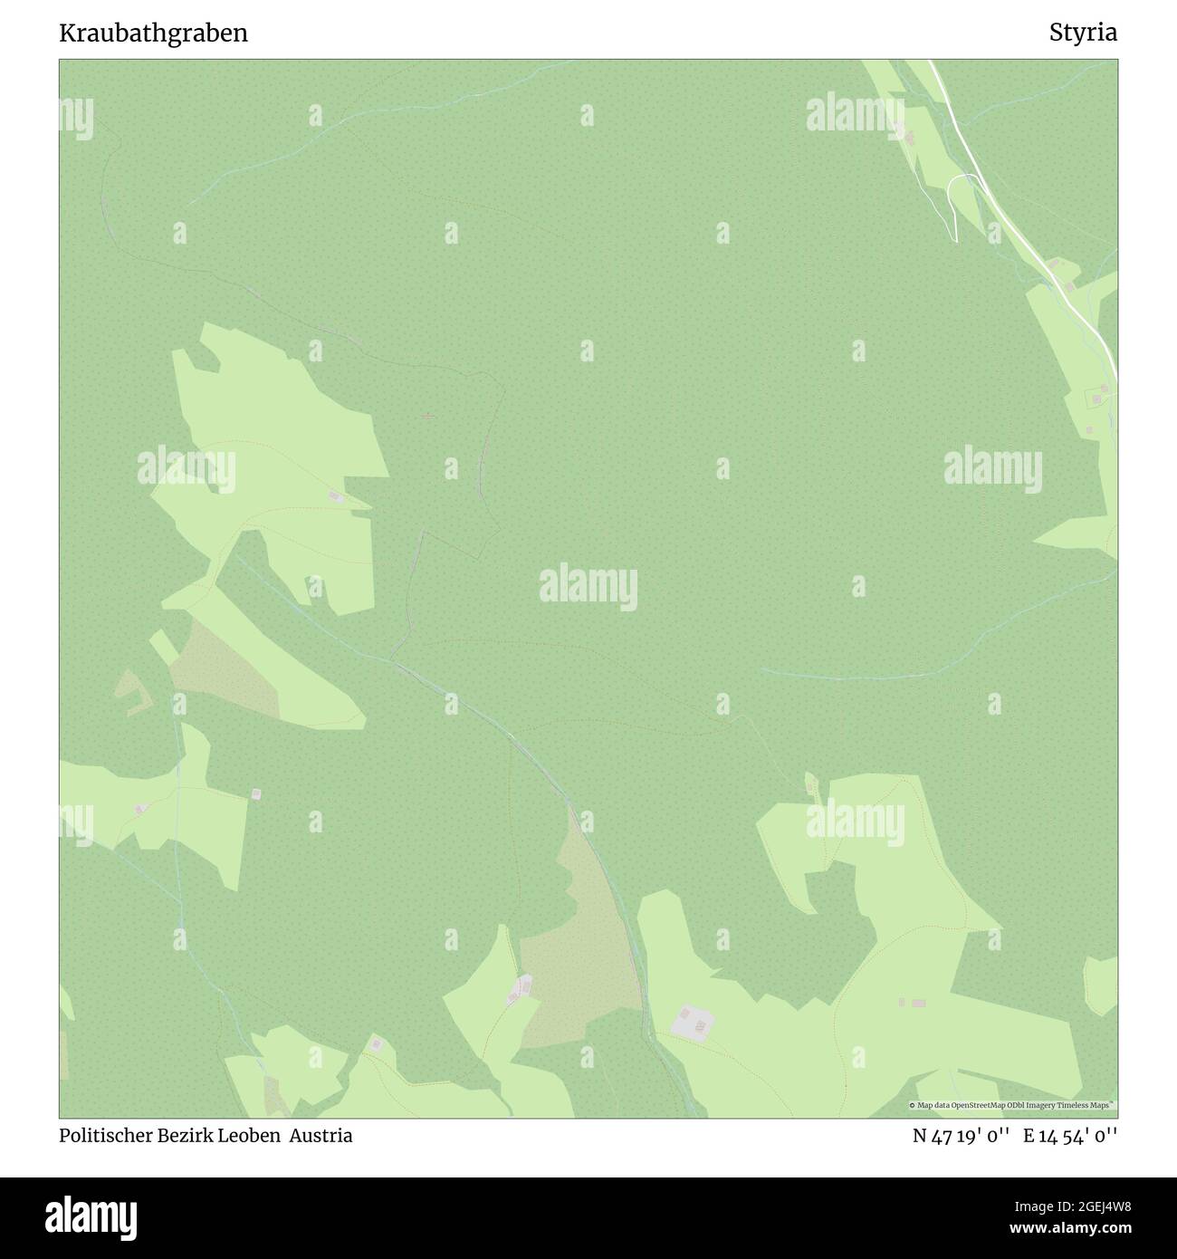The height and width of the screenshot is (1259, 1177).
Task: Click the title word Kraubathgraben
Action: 153,34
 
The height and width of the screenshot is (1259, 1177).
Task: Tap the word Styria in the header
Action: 1083,34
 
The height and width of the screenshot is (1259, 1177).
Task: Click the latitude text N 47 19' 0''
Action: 962,1136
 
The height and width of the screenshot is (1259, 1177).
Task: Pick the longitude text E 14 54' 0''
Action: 1070,1136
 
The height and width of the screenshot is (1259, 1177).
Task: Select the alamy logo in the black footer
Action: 95,1216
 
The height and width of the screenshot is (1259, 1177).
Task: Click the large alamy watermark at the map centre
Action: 588,586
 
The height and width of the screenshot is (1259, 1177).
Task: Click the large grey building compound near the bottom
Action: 693,1022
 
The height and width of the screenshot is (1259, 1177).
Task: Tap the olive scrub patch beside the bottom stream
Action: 579,960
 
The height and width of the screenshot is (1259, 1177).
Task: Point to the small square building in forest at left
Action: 256,794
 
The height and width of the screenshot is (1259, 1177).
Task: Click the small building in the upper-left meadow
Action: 335,496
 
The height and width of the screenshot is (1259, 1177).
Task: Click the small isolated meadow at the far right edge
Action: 1102,985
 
